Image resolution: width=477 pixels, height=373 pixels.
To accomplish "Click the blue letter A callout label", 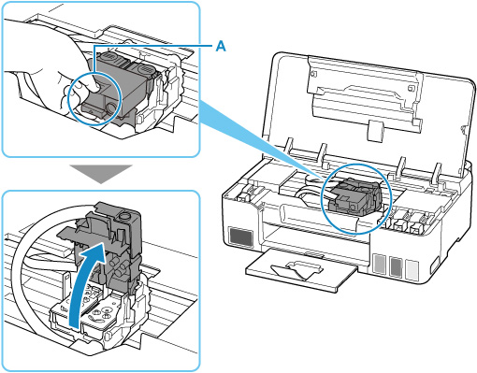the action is [221, 47].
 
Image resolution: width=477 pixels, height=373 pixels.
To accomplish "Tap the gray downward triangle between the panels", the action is [101, 174].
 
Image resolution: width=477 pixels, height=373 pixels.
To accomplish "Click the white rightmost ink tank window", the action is [412, 270].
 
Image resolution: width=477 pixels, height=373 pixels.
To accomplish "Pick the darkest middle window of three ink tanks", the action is [396, 266].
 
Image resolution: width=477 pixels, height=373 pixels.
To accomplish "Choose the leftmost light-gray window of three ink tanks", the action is [380, 264].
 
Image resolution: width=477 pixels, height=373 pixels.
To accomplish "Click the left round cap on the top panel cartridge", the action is [109, 58].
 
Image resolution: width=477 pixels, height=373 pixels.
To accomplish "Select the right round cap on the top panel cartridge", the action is [145, 68].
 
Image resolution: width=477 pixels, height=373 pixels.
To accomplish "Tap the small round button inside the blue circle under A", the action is [110, 108].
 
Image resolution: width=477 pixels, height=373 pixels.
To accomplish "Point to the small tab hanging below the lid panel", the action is [375, 130].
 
